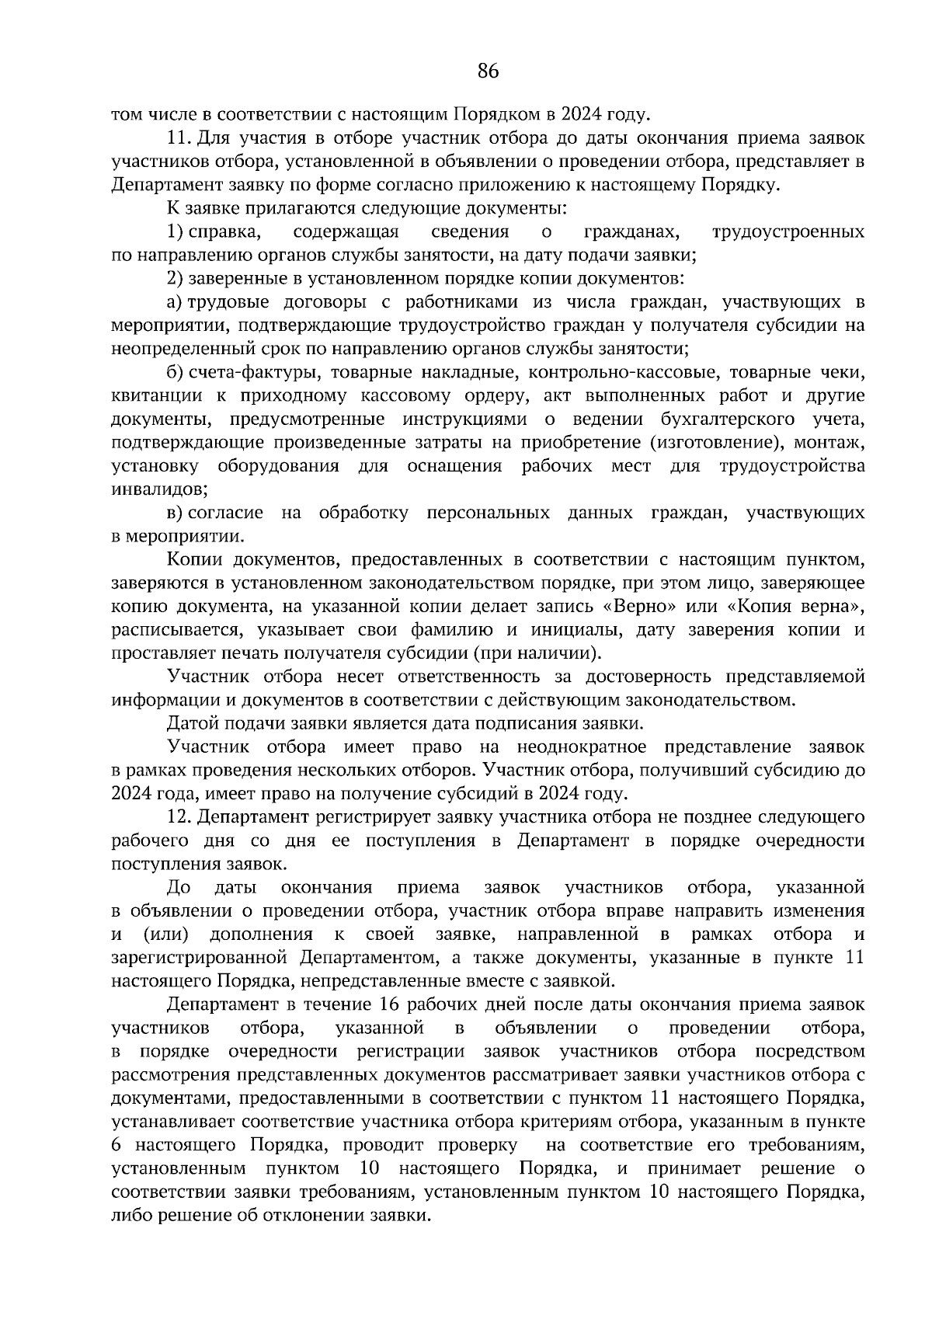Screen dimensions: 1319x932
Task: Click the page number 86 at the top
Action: click(488, 72)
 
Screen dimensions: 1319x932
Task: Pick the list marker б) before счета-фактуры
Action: click(176, 373)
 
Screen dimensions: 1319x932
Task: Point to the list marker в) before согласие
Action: click(175, 513)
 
